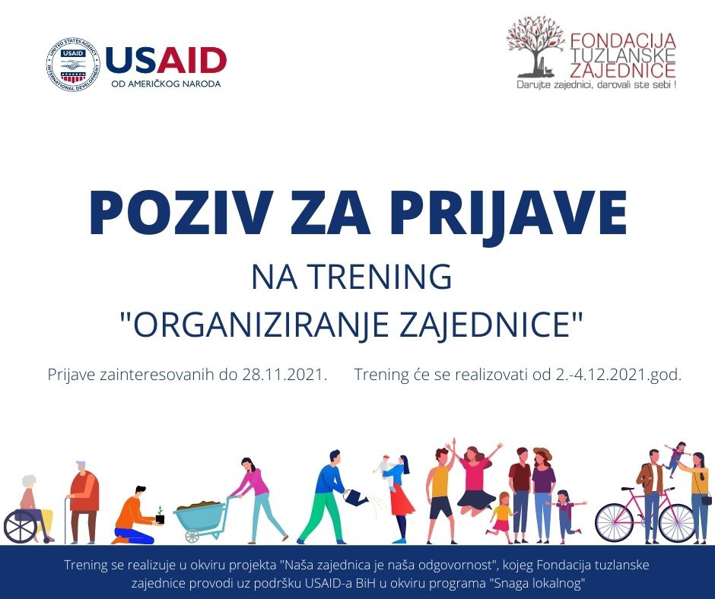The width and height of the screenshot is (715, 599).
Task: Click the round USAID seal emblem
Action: click(x=73, y=65)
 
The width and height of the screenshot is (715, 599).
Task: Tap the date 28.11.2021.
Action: click(x=284, y=374)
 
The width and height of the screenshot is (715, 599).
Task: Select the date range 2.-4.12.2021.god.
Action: click(x=618, y=375)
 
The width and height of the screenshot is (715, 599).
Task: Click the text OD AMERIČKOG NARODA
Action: click(x=166, y=84)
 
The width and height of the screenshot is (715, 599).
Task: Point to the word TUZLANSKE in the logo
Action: click(x=623, y=55)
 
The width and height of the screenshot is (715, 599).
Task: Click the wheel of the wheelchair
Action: click(x=21, y=527)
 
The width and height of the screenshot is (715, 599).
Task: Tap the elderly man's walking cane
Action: click(x=65, y=520)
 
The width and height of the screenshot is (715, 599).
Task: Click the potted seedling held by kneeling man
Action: click(x=160, y=515)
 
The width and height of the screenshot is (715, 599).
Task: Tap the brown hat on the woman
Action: click(x=542, y=453)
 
